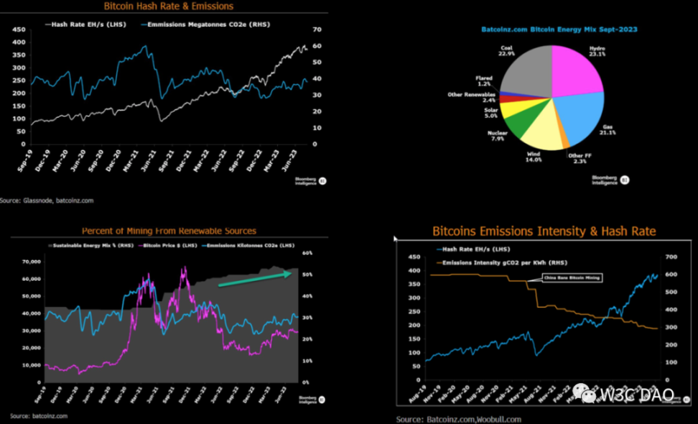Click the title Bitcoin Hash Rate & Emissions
169,6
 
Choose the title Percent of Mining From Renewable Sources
169,231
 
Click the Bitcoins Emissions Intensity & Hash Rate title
544,231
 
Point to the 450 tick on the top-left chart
19,30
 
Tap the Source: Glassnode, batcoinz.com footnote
47,201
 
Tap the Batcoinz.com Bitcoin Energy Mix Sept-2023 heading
559,29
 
